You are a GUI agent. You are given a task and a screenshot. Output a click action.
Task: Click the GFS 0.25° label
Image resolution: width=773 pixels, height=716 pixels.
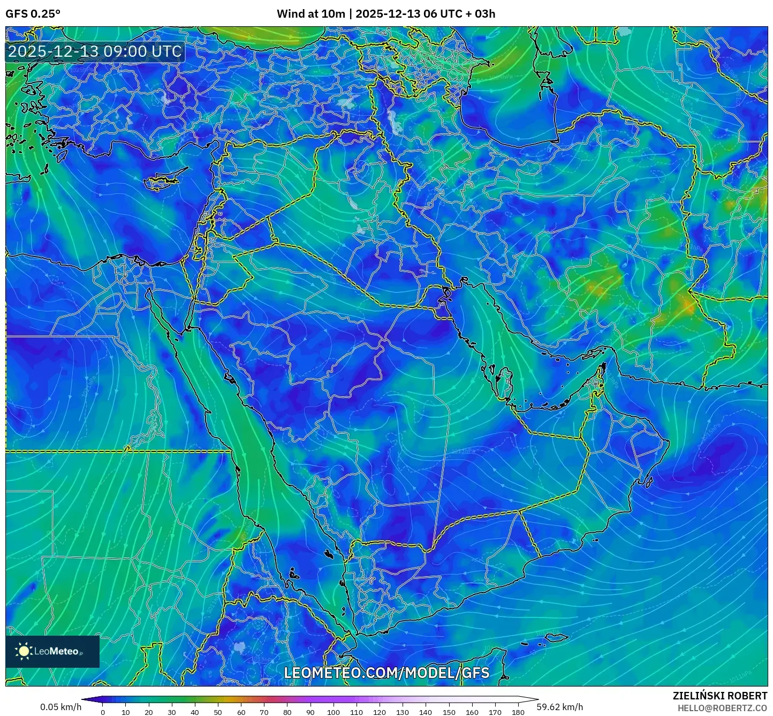(x=33, y=13)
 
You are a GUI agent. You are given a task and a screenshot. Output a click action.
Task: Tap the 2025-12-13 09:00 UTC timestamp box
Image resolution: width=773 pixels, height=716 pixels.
(x=95, y=51)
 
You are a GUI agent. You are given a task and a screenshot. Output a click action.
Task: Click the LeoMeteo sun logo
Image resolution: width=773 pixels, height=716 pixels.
(x=24, y=651)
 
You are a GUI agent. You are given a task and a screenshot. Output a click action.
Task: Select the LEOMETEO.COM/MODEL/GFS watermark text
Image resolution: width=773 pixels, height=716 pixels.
(x=387, y=673)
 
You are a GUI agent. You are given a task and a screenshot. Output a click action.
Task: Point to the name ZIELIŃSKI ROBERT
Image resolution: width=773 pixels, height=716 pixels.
(x=719, y=696)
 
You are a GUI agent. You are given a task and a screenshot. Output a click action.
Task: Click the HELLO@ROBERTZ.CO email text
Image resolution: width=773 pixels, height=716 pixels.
(x=722, y=708)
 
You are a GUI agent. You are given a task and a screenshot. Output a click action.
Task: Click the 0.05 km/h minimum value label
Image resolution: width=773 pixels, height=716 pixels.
(x=60, y=707)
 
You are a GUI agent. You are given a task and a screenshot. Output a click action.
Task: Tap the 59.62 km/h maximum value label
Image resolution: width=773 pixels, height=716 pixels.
(x=560, y=707)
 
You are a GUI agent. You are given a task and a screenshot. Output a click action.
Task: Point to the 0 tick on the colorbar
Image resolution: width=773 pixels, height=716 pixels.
(x=103, y=712)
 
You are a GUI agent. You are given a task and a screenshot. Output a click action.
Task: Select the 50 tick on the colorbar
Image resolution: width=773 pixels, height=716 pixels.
(x=218, y=712)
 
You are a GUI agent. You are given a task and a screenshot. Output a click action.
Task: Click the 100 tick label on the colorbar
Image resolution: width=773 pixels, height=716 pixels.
(x=334, y=712)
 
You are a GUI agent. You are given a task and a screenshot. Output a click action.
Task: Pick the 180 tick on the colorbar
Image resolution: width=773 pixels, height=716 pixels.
(x=518, y=712)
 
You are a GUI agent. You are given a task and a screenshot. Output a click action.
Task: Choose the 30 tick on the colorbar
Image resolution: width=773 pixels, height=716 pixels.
(x=172, y=712)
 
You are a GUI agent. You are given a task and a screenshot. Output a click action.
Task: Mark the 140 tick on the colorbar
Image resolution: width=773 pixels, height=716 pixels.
(x=426, y=712)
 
